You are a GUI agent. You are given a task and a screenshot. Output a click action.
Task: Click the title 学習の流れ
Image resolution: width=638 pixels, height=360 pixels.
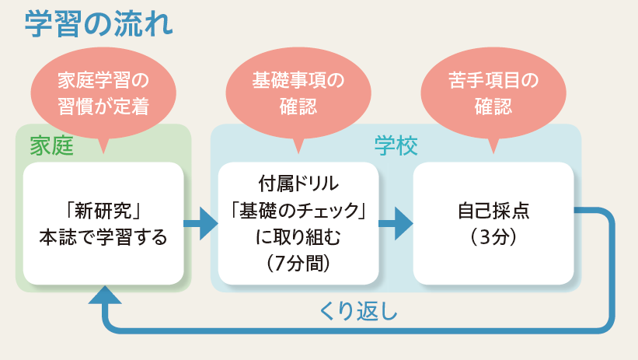99,24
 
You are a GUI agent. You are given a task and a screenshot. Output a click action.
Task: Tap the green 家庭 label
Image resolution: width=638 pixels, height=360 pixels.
51,146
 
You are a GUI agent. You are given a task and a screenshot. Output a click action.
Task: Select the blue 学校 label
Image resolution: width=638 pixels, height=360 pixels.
396,146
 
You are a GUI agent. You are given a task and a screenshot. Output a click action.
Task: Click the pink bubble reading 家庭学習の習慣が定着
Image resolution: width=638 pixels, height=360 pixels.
103,93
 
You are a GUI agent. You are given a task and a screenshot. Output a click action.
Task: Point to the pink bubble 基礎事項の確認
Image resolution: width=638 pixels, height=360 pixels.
298,93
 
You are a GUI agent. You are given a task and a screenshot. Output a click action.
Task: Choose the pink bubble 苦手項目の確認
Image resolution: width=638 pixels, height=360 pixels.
493,93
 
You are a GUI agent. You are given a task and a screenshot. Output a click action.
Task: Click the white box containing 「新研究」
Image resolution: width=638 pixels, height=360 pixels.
103,223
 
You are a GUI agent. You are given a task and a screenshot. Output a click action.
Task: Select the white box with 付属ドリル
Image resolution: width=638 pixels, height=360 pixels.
298,223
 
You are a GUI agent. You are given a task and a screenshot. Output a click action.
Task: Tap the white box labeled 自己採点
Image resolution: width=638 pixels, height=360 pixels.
493,223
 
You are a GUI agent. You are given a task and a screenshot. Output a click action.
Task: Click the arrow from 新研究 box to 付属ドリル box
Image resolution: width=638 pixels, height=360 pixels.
200,223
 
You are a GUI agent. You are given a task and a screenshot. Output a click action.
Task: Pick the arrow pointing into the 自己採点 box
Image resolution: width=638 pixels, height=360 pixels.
396,223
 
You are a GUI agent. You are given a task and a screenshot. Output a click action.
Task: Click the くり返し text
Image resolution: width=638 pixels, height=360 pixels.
358,312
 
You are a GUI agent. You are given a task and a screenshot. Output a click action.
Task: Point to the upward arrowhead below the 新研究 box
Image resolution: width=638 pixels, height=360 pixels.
105,295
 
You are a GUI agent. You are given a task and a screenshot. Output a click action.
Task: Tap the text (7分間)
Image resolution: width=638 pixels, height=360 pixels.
298,264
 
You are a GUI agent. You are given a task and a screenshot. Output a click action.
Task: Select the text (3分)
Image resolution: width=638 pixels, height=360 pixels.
493,236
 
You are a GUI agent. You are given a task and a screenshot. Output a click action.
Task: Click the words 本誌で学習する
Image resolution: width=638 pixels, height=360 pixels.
103,237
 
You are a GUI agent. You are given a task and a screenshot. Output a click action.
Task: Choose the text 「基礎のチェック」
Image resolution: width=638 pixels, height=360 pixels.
298,211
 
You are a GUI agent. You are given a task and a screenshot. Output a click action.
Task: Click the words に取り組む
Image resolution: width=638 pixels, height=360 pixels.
298,237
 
